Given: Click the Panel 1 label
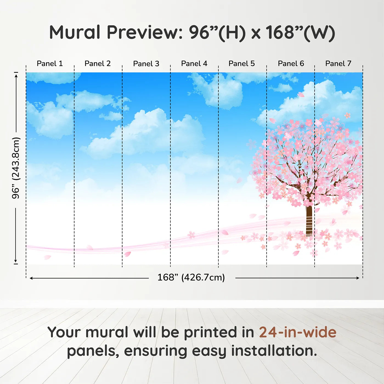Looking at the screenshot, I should (50, 64).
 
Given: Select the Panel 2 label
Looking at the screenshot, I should (97, 64).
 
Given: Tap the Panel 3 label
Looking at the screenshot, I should (146, 64).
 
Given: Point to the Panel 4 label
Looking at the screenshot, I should (194, 64).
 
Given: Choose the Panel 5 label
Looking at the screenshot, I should (241, 64).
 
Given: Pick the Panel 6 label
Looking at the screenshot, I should (291, 64).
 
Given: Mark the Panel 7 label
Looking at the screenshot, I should (338, 64).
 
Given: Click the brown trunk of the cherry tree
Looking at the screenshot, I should (309, 219).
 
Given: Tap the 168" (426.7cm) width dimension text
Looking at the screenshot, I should (191, 278).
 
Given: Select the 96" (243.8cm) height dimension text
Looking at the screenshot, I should (16, 168).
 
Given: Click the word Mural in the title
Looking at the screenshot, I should (75, 32).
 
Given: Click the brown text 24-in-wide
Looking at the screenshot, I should (298, 332).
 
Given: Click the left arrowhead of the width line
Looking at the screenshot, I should (31, 278).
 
